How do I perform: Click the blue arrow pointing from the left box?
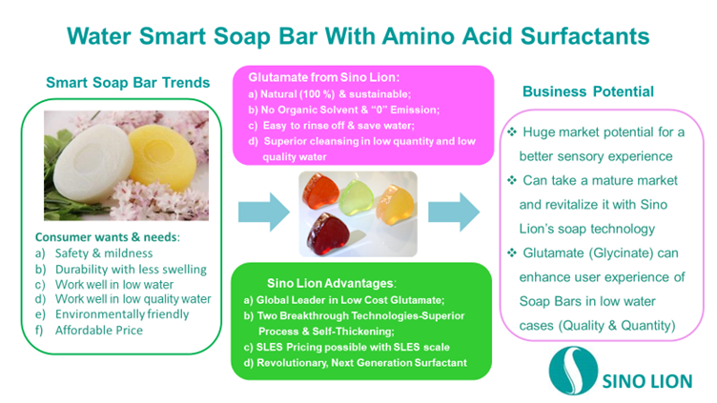[264, 212]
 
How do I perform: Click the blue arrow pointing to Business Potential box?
[454, 212]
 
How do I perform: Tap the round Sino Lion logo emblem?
[573, 371]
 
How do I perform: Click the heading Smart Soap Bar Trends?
[128, 83]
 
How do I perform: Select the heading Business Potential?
[588, 91]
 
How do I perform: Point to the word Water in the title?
[99, 36]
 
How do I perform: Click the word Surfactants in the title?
[584, 36]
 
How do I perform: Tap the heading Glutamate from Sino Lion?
[324, 77]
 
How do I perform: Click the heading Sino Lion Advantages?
[332, 283]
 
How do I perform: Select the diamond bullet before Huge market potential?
[512, 131]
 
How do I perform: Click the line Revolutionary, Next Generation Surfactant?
[361, 363]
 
